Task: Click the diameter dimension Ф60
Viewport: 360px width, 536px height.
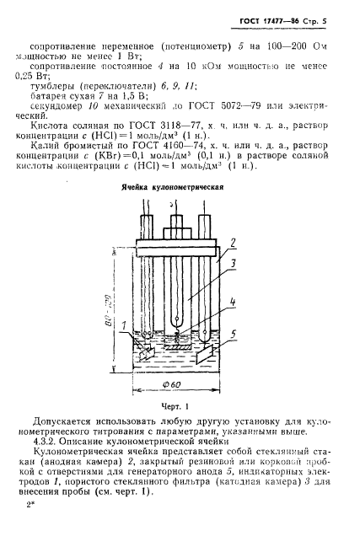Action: [179, 389]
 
